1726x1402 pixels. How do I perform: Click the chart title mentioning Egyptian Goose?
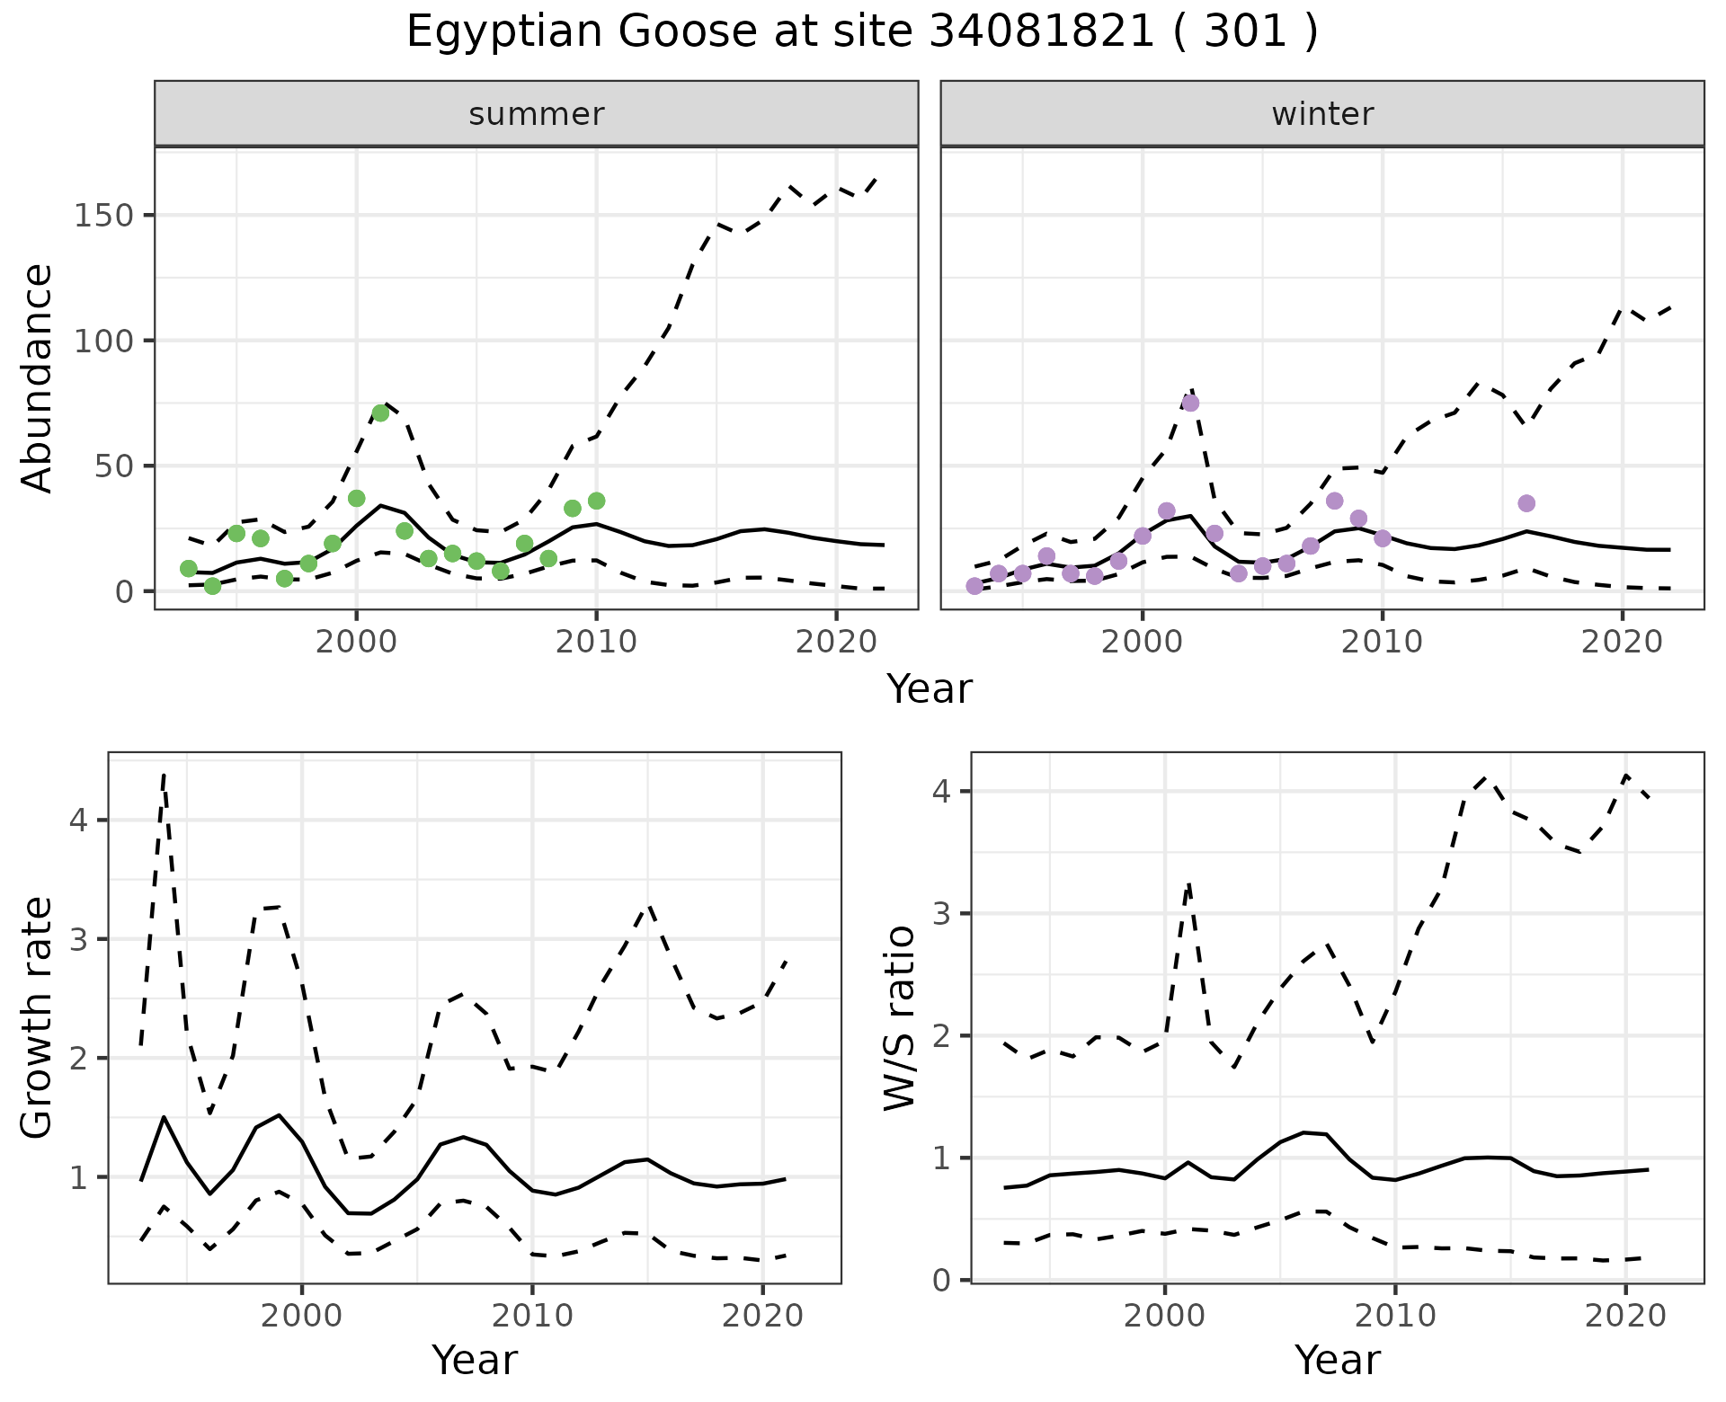(x=862, y=32)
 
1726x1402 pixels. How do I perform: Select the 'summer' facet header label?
(x=537, y=114)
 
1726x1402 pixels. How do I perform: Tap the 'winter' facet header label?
(x=1322, y=114)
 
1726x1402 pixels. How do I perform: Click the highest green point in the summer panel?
(x=380, y=413)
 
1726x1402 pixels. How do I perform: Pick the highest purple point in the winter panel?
(x=1190, y=403)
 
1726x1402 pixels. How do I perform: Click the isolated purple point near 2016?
(x=1526, y=503)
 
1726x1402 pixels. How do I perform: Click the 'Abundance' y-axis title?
(x=38, y=377)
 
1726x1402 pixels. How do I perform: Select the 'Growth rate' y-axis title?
(x=38, y=1018)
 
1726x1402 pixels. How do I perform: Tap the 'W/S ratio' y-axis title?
(x=900, y=1018)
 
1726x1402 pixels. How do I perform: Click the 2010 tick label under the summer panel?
(x=596, y=642)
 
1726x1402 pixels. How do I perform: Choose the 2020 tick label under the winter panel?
(x=1623, y=642)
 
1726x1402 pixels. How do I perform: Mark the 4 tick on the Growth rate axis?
(x=79, y=821)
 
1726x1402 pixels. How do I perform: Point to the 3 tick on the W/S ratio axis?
(x=941, y=914)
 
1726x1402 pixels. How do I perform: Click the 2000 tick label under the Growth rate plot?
(x=302, y=1316)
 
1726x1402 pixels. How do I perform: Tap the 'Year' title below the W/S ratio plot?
(x=1337, y=1360)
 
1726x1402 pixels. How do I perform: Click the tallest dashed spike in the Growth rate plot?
(x=164, y=775)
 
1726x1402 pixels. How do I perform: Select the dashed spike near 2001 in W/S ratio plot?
(x=1188, y=885)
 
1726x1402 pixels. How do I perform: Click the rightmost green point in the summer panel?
(x=596, y=501)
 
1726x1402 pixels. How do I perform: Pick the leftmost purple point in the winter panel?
(x=974, y=586)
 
